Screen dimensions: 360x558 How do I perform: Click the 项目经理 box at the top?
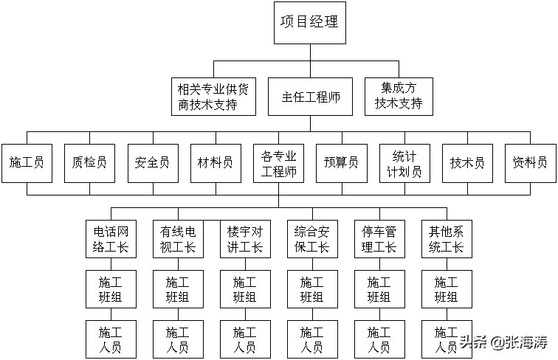pos(309,21)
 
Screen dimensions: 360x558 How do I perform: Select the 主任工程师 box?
pos(310,97)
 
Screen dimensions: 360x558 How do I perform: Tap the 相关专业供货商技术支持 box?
pos(213,97)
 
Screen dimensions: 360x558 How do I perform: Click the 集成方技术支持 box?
pos(399,97)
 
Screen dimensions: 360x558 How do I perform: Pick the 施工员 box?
pos(27,162)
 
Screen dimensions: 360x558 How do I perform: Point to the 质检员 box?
pos(90,162)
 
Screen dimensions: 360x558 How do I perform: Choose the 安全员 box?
pos(153,162)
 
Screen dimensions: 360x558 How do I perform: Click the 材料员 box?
pos(216,162)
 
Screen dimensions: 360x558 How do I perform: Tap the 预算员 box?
pos(342,162)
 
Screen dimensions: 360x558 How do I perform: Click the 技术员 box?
pos(468,162)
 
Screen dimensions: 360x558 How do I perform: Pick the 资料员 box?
pos(530,162)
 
